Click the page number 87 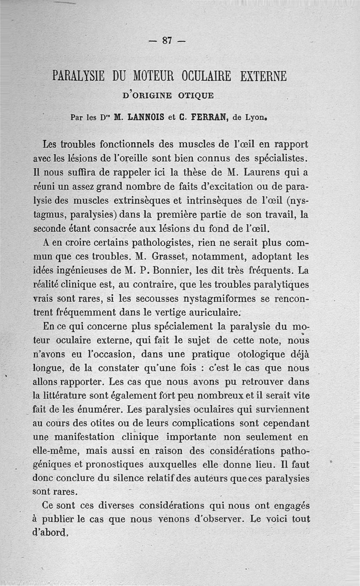(x=167, y=40)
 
